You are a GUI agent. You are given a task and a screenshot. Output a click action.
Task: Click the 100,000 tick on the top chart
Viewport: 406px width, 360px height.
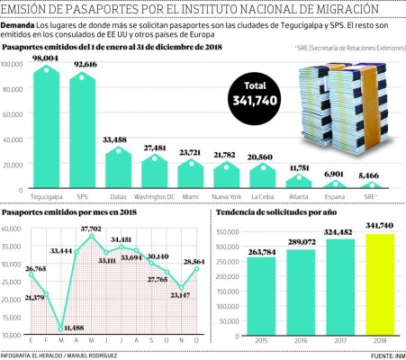pos(14,65)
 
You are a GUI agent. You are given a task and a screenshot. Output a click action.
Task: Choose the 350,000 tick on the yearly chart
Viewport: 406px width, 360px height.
pos(229,231)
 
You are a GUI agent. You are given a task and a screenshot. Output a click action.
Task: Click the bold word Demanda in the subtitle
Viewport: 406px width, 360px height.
pos(20,25)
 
